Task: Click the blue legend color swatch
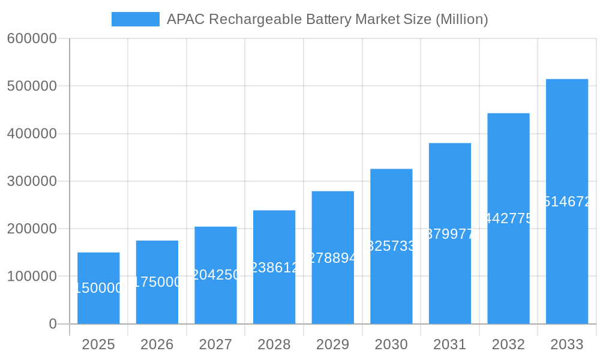pyautogui.click(x=136, y=19)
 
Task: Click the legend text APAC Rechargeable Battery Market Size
pyautogui.click(x=327, y=19)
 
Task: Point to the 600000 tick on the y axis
pyautogui.click(x=32, y=38)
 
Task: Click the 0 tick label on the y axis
pyautogui.click(x=52, y=324)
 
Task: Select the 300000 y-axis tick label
pyautogui.click(x=32, y=181)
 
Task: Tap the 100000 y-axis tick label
pyautogui.click(x=32, y=277)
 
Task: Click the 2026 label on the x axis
pyautogui.click(x=157, y=344)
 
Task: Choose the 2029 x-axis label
pyautogui.click(x=332, y=344)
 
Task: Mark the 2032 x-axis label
pyautogui.click(x=508, y=344)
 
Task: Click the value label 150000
pyautogui.click(x=98, y=289)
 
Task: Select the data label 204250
pyautogui.click(x=215, y=275)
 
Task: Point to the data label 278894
pyautogui.click(x=332, y=258)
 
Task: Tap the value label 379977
pyautogui.click(x=450, y=234)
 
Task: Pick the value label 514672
pyautogui.click(x=566, y=202)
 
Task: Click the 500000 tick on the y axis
pyautogui.click(x=32, y=86)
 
